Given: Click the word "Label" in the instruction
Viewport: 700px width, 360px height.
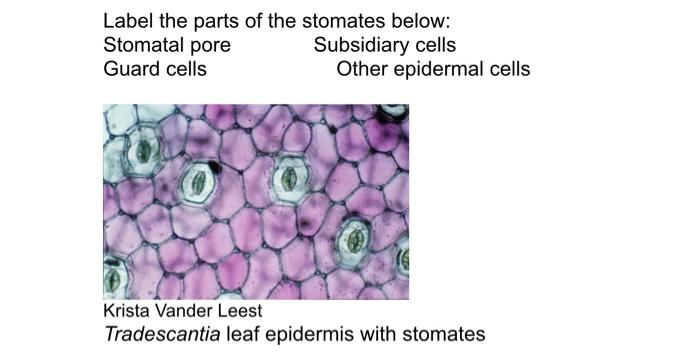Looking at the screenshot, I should click(126, 21).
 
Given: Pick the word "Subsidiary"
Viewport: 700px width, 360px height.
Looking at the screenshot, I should click(359, 45).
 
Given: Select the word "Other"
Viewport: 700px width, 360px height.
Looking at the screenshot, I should click(362, 69).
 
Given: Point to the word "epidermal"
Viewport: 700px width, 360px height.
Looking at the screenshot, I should click(437, 70).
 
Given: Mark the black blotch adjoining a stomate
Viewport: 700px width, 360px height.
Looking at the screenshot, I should click(216, 166).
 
